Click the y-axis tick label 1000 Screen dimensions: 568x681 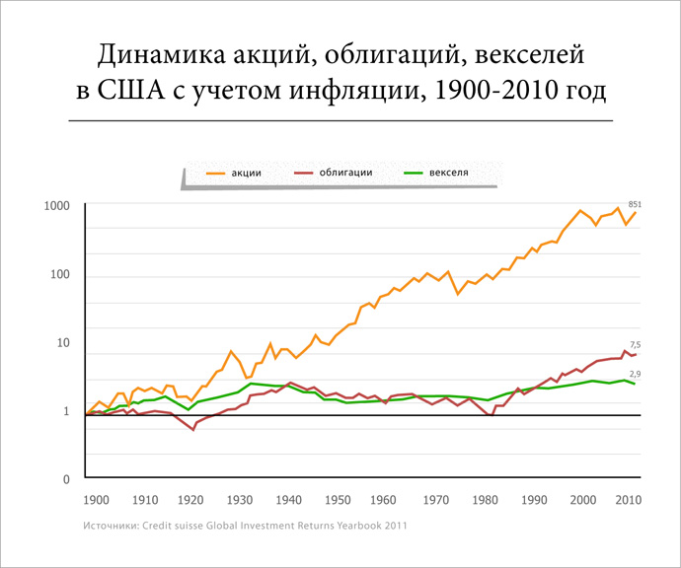pos(56,206)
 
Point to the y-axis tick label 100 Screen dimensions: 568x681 pos(60,274)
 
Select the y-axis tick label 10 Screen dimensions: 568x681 pos(64,343)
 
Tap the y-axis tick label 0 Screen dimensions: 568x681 pos(67,480)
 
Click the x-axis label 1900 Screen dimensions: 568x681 pos(97,501)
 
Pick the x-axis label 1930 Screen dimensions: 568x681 pos(241,501)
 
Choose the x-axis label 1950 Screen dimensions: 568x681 pos(338,501)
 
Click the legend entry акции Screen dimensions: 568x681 pos(247,173)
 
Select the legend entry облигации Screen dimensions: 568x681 pos(345,173)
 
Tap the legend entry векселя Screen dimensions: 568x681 pos(448,173)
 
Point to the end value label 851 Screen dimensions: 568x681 pos(635,204)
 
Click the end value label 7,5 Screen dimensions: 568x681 pos(636,344)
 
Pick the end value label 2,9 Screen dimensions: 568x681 pos(636,374)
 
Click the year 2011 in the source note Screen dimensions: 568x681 pos(395,527)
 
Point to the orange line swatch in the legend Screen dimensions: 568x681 pos(217,173)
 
